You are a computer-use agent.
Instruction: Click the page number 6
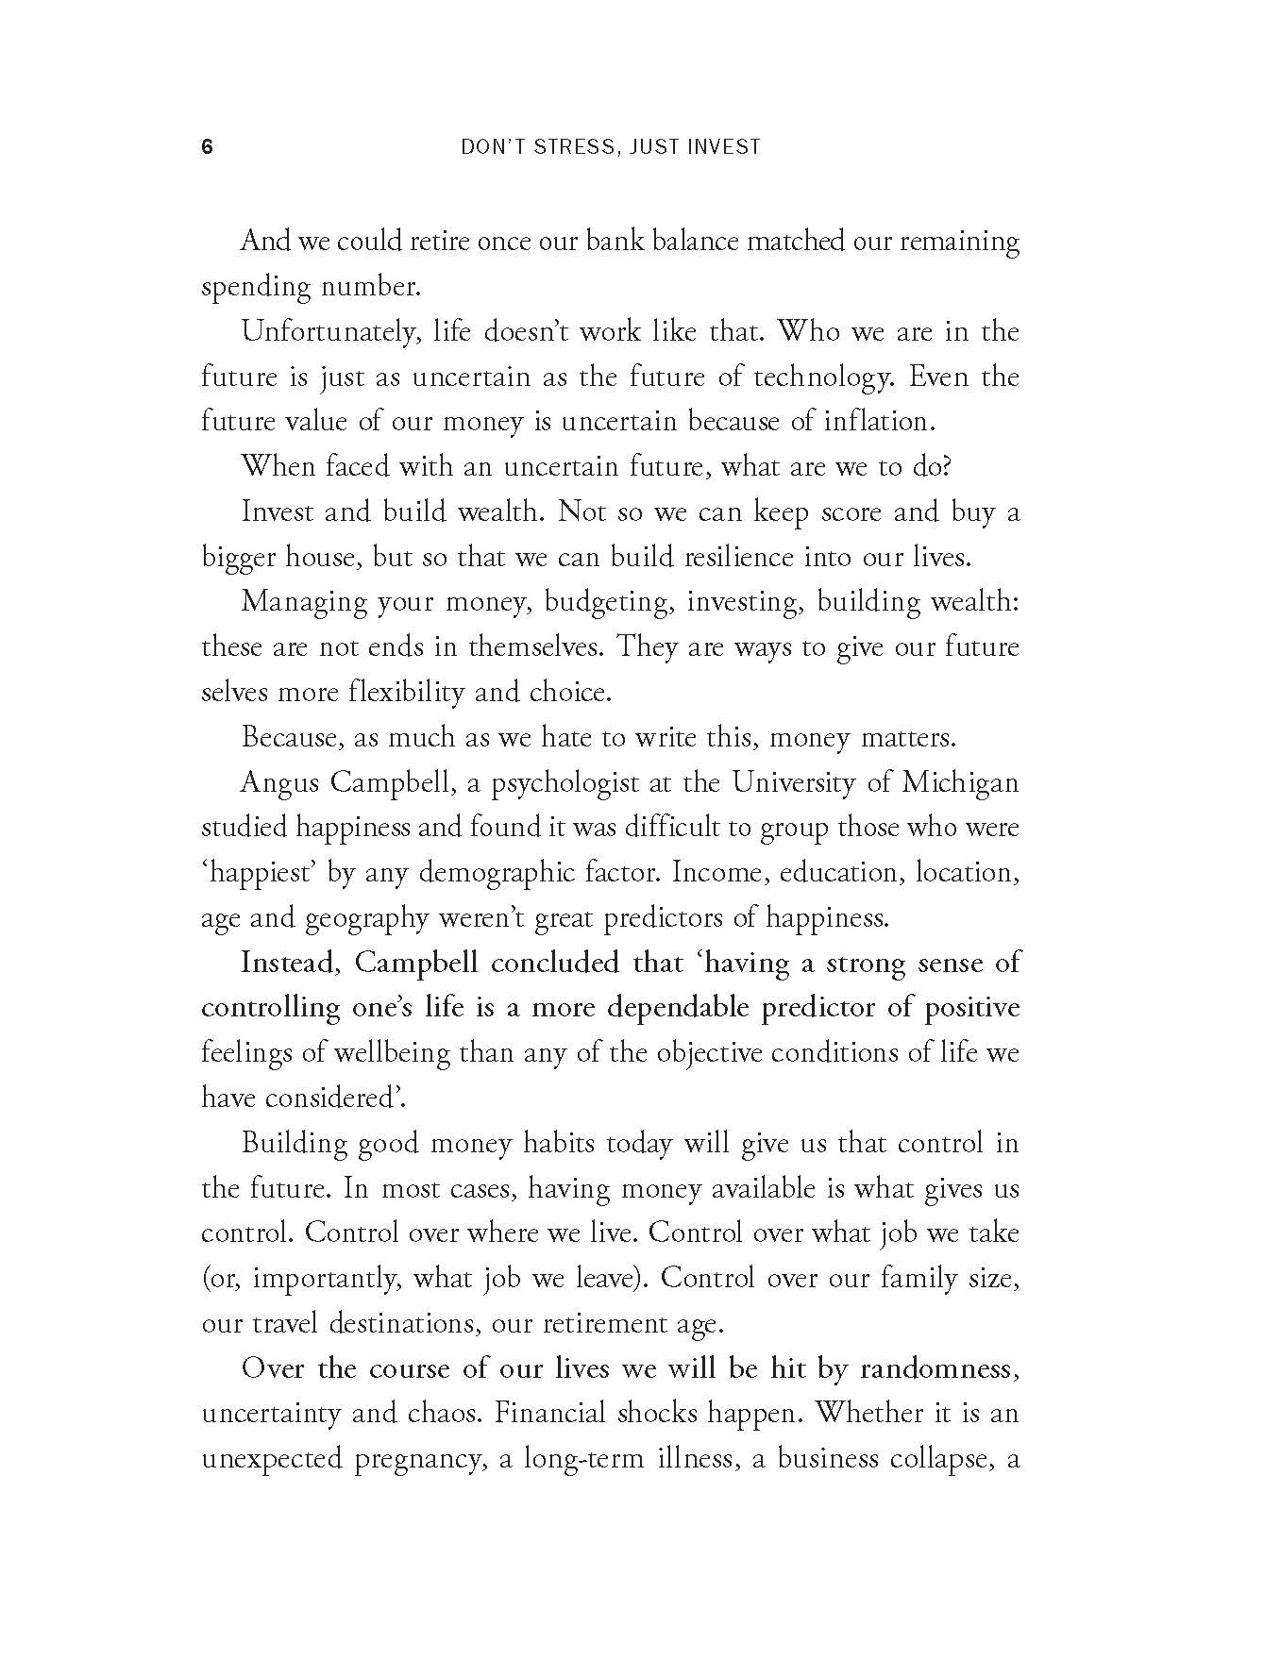click(x=208, y=147)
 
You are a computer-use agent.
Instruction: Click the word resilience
click(x=722, y=557)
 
